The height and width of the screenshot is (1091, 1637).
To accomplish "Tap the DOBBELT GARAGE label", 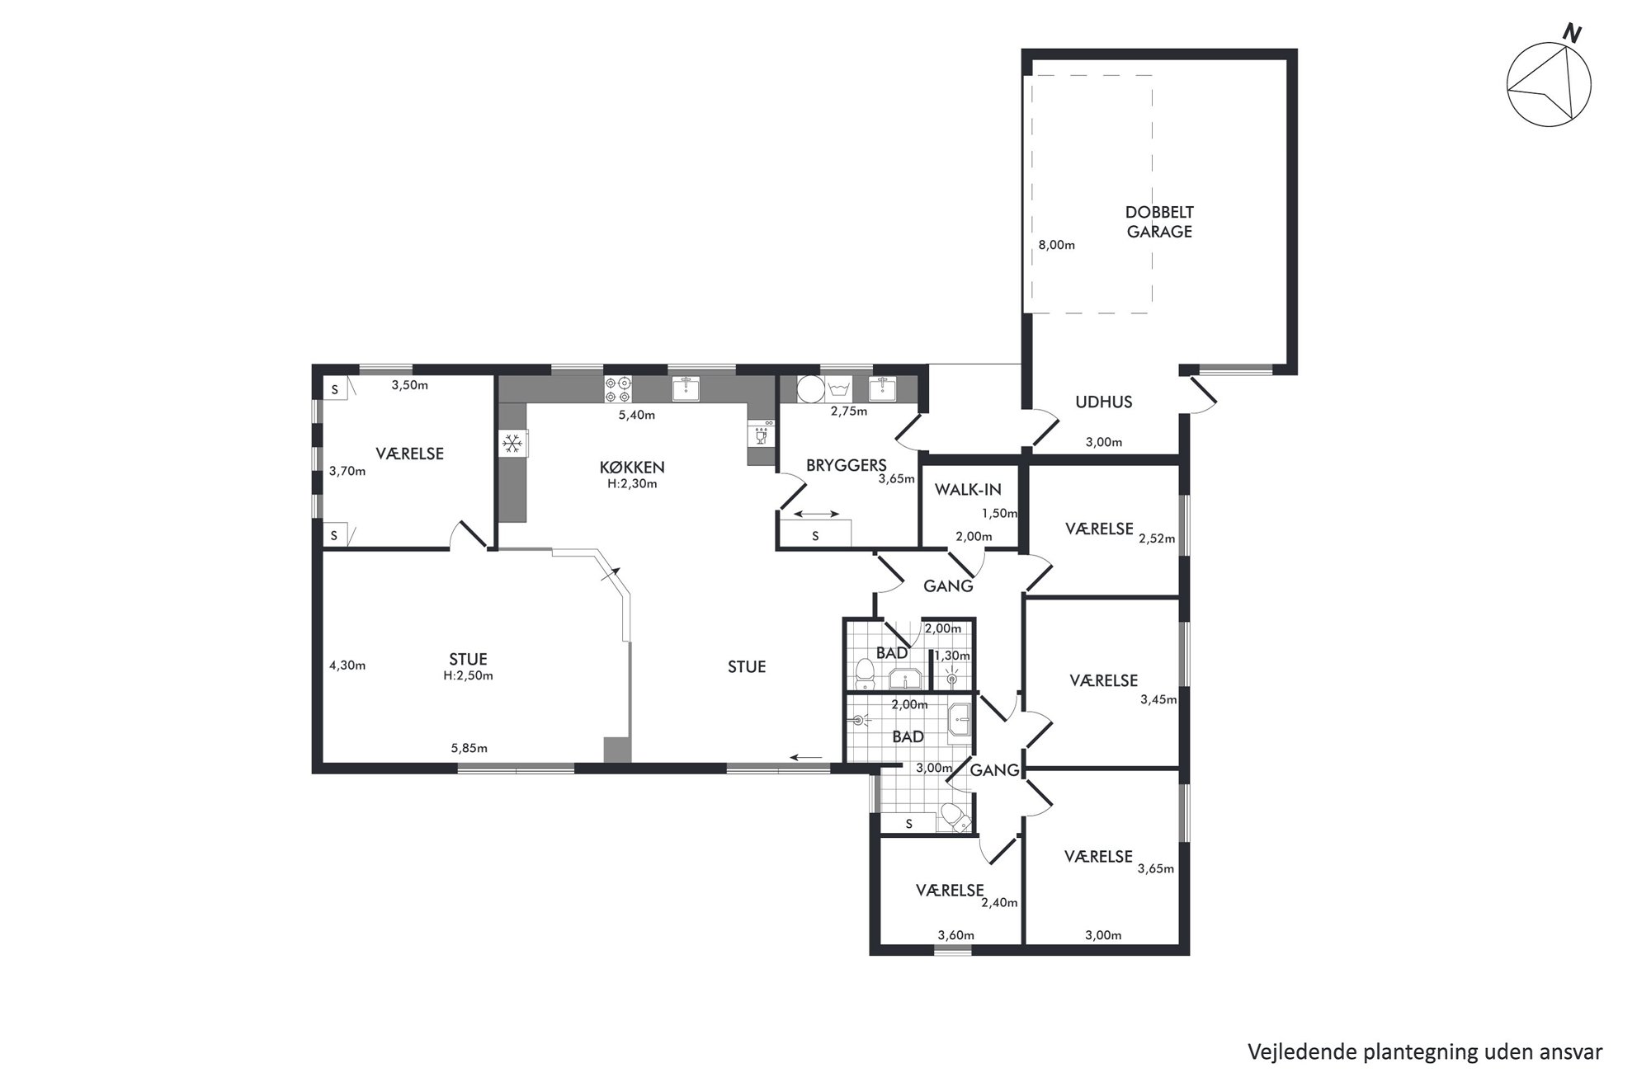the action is (1159, 222).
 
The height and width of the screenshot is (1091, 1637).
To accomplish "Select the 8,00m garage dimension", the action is (1056, 245).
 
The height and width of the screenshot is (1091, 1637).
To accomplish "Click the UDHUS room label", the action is (1103, 402).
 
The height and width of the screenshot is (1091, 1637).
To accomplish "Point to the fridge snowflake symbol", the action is (512, 444).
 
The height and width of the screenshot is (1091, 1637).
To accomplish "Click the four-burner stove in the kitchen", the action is (618, 389).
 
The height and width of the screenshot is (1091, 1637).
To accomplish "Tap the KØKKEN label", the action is (632, 468).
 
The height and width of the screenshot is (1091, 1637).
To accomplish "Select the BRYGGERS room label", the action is (846, 465).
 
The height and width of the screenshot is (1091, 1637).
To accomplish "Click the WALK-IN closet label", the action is (968, 490).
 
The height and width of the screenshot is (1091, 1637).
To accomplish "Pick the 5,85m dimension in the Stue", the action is (469, 749).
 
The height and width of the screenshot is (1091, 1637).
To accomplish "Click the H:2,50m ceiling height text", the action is (468, 675).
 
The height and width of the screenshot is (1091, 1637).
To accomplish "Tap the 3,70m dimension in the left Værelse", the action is (347, 472).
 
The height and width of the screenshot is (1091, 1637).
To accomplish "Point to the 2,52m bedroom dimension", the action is (1157, 539).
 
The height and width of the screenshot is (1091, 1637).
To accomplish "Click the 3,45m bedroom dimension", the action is (1158, 700).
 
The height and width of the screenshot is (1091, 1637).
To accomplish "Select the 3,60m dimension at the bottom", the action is (956, 935).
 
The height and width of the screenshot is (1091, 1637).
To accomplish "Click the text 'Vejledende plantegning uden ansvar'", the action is (1425, 1052).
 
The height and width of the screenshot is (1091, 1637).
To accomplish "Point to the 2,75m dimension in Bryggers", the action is (849, 411).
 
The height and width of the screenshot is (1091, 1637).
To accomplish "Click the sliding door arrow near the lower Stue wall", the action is (806, 757).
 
